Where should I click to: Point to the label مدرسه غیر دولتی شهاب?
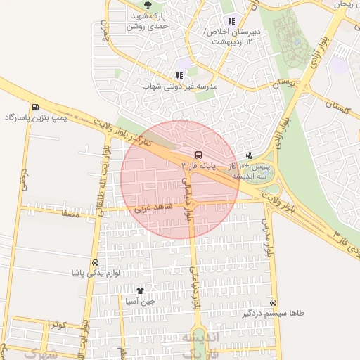click(181, 86)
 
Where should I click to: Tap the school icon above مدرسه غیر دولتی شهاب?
click(180, 75)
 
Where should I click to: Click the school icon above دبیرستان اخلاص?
click(231, 21)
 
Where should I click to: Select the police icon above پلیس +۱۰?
click(248, 155)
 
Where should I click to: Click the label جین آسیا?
click(140, 301)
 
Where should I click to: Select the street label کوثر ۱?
click(56, 323)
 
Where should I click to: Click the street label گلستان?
click(337, 103)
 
